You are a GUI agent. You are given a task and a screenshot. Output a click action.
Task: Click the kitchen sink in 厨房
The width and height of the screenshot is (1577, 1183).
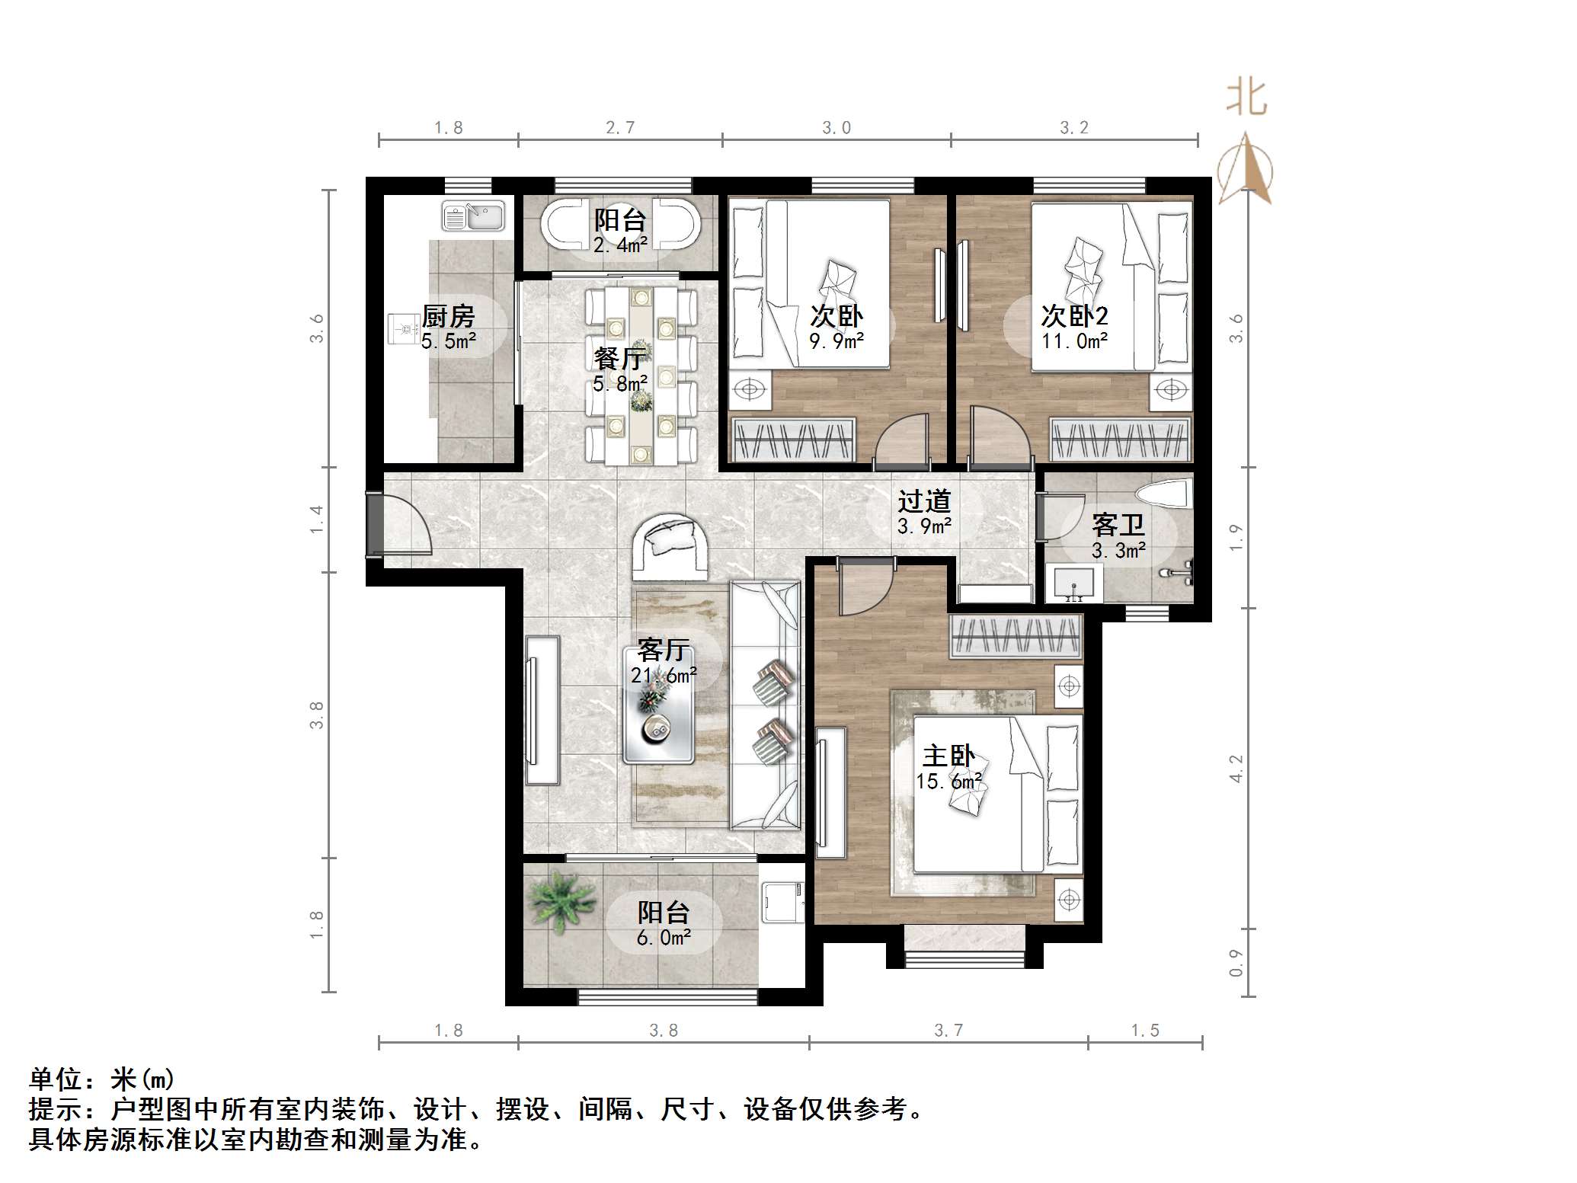tap(473, 216)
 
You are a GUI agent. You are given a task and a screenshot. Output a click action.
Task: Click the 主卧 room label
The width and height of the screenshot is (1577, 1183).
tap(948, 756)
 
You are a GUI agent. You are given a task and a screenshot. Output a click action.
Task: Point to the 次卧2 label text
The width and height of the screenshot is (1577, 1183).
tap(1074, 315)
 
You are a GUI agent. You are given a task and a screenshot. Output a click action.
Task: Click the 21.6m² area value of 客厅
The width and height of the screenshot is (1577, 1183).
tap(664, 675)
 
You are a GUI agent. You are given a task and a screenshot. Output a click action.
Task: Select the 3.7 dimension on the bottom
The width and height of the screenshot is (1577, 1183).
tap(948, 1030)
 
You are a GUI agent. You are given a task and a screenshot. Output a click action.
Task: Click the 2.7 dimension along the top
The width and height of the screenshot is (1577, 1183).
tap(620, 127)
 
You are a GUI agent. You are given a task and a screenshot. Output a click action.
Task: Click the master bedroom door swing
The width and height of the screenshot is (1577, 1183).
tap(866, 587)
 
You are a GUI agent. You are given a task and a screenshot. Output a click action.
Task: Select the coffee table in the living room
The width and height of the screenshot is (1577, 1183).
tap(658, 705)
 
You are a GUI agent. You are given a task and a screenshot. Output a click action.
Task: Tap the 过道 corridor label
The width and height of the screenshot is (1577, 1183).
tap(924, 501)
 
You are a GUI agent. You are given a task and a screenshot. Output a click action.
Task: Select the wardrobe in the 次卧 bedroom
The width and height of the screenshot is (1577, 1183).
tap(793, 440)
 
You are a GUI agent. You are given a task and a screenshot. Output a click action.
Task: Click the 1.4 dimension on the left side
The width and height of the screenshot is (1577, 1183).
tap(317, 520)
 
